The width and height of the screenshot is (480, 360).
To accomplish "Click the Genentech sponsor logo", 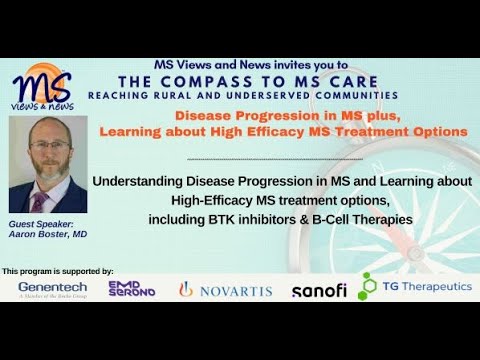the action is tap(53, 289).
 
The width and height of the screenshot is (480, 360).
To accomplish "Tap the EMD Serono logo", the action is tap(132, 289).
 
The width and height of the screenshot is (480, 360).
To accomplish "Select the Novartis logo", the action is tap(225, 290).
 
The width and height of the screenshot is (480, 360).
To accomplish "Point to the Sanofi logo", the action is tap(319, 290).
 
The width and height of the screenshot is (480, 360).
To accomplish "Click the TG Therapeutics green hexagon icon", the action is tap(367, 286).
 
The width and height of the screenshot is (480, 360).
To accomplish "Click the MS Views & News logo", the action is tap(43, 87).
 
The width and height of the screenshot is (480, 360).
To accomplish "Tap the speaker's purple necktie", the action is tap(39, 202).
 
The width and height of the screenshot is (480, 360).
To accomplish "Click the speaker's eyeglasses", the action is tap(50, 145).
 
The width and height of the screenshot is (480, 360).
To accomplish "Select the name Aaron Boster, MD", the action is tap(48, 234).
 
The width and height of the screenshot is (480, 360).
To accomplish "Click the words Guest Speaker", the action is tap(41, 224).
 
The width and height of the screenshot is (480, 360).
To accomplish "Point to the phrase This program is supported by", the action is tap(58, 271).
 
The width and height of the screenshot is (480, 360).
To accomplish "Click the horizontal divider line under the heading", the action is tap(275, 159).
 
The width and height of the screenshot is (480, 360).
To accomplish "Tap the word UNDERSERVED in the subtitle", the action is tap(268, 95).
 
